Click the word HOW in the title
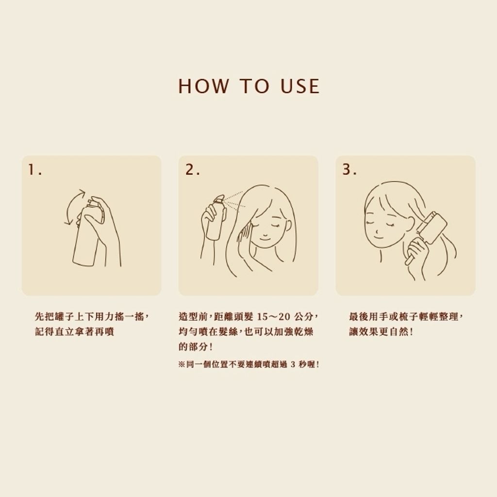[x=203, y=86]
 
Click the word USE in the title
[x=300, y=86]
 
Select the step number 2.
[x=192, y=170]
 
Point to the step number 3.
[x=349, y=169]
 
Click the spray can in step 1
[x=87, y=232]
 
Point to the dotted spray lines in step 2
[x=234, y=199]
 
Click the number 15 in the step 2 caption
[x=263, y=316]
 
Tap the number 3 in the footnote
[x=293, y=365]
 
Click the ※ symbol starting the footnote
[x=182, y=365]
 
